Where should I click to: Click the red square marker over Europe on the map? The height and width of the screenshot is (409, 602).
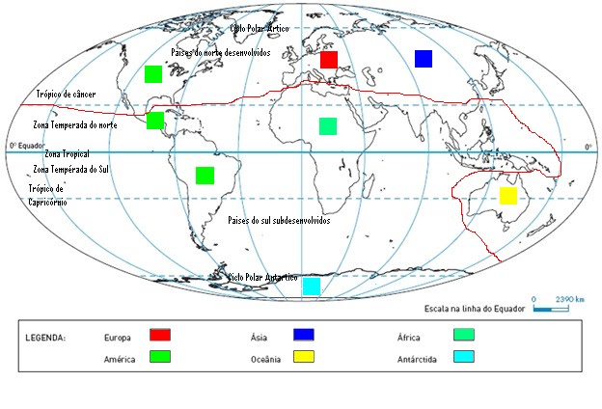tap(328, 60)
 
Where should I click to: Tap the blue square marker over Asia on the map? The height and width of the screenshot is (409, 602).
tap(423, 59)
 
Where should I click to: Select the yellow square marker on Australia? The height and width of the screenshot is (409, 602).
tap(508, 196)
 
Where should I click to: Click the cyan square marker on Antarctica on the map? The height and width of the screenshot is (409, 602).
tap(312, 286)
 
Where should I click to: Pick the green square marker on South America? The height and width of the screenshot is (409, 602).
tap(205, 175)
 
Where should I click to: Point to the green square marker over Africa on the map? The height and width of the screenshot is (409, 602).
tap(328, 125)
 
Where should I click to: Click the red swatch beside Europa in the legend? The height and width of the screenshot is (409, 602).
tap(160, 335)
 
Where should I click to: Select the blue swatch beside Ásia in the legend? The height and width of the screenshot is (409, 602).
tap(305, 335)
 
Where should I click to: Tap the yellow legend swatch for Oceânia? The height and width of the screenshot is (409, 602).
tap(305, 356)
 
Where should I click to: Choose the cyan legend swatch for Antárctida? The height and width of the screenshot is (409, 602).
tap(463, 356)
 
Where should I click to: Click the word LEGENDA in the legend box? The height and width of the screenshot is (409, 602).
tap(44, 338)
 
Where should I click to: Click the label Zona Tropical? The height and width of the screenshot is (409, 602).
tap(67, 154)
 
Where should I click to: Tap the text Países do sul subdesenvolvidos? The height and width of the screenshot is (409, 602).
tap(279, 221)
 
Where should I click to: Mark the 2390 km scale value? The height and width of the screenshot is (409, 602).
tap(570, 300)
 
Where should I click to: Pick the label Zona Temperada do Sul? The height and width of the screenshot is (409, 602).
tap(72, 169)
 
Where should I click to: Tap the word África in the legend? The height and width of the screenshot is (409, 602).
tap(409, 338)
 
